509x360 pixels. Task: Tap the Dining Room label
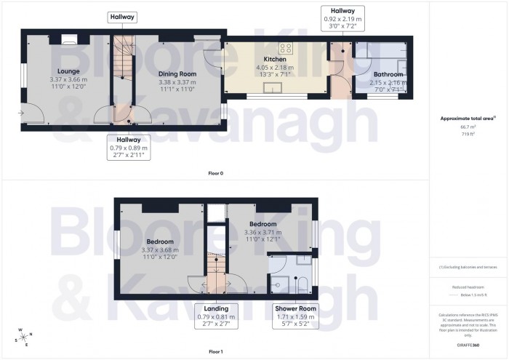point(177,73)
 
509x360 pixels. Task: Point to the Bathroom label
point(388,74)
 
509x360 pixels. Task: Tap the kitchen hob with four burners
point(286,49)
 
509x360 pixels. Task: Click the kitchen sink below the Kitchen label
point(275,89)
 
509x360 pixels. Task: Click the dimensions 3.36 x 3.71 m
point(262,232)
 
